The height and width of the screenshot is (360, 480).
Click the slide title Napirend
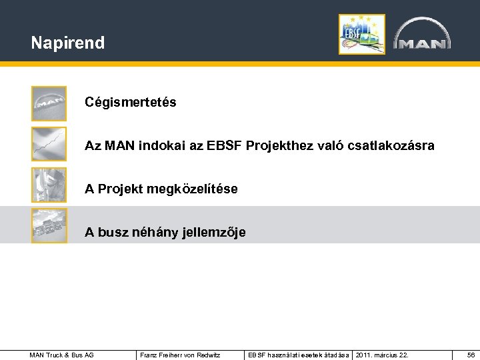point(67,43)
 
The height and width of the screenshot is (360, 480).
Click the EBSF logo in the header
point(361,34)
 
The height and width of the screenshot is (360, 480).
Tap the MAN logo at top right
point(421,35)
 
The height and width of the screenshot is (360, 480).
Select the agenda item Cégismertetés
point(131,103)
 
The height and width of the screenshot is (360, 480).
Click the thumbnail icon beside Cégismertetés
point(49,103)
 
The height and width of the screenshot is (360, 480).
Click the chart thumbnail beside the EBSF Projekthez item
point(49,144)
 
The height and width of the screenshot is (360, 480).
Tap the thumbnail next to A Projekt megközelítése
point(49,185)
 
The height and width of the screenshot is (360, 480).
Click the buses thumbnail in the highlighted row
point(49,225)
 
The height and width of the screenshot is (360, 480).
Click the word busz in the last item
point(111,233)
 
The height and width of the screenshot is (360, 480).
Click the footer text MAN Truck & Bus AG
point(62,355)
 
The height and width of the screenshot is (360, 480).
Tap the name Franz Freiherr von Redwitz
point(181,355)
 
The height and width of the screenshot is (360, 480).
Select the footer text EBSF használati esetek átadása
point(298,355)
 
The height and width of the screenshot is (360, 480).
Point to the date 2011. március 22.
point(382,355)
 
